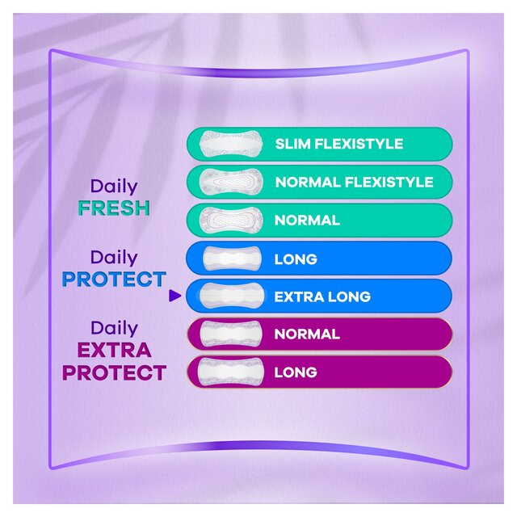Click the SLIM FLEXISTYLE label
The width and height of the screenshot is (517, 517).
[x=338, y=145]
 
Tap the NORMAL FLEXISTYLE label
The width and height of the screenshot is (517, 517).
[x=354, y=183]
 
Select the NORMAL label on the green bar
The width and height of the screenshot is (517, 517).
[x=307, y=221]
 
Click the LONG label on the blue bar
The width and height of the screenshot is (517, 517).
[x=296, y=259]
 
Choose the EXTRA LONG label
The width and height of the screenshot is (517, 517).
[x=322, y=296]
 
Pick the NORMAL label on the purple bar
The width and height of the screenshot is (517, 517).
[x=307, y=334]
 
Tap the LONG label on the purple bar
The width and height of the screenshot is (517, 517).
[x=296, y=372]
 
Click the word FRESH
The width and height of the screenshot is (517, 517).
[x=114, y=208]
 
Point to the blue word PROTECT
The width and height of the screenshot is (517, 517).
[x=114, y=280]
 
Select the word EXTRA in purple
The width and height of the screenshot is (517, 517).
[x=114, y=351]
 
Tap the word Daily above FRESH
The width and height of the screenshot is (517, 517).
[x=114, y=187]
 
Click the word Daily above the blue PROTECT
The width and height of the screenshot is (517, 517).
[x=114, y=258]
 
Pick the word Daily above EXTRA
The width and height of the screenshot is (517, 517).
[x=114, y=328]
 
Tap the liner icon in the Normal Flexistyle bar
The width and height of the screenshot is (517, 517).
[x=229, y=183]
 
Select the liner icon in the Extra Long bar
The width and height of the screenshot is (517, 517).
[x=230, y=296]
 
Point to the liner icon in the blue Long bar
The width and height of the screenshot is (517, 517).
[x=229, y=259]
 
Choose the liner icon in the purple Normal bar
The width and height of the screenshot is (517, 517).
[x=230, y=334]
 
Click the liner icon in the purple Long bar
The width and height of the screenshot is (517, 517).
[x=230, y=372]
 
